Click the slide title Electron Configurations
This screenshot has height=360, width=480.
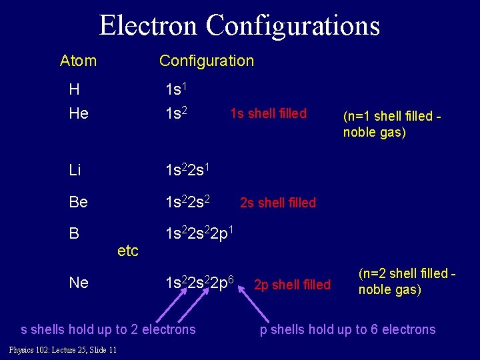point(239,25)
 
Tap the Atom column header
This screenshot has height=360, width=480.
point(78,61)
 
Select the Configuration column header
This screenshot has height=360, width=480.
point(207,61)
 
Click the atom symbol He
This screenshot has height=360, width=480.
point(79,114)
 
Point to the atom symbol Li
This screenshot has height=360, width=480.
point(75,170)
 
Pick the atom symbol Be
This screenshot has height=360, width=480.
point(79,202)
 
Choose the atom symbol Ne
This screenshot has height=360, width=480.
point(79,283)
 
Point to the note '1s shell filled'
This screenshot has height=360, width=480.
point(268,114)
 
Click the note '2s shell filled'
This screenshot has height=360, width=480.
point(278,203)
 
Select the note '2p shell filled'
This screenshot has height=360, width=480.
point(292,285)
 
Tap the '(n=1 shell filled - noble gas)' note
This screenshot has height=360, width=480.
point(392,123)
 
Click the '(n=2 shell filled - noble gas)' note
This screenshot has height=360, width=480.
point(407,281)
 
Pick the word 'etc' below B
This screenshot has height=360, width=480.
point(127,251)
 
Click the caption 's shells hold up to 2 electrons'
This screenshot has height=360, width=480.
point(109,329)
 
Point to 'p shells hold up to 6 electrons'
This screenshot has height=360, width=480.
point(347,329)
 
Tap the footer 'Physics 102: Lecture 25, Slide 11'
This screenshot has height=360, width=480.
point(63,350)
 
